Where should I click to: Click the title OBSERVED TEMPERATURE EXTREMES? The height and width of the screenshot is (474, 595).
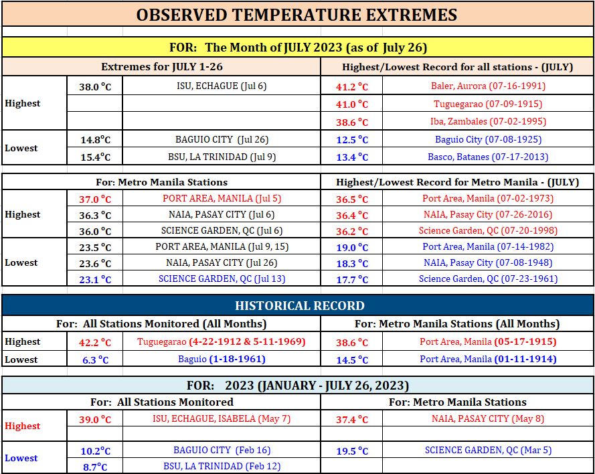click(x=296, y=15)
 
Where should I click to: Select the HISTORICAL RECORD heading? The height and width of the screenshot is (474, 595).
click(x=300, y=306)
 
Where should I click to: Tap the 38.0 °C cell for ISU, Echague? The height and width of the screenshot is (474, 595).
click(x=95, y=87)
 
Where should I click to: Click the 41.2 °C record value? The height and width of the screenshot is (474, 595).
click(x=352, y=87)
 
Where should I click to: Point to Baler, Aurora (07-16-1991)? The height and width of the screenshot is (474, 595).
click(x=488, y=86)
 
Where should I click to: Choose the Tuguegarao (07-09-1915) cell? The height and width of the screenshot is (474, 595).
click(x=488, y=104)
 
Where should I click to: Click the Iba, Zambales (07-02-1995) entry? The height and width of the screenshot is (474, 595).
click(x=488, y=121)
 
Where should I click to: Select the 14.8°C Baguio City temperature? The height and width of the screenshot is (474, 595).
click(x=95, y=140)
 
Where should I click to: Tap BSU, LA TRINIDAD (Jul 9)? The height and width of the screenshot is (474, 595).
click(x=222, y=157)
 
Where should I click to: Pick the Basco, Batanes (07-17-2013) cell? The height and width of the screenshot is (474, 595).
click(x=488, y=157)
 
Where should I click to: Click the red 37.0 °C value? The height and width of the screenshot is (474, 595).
click(x=95, y=200)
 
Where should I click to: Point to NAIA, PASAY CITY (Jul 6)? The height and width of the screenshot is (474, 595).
click(x=222, y=214)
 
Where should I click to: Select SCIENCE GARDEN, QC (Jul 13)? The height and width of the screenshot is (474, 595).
click(x=222, y=279)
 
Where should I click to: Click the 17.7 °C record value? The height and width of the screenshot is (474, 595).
click(x=352, y=280)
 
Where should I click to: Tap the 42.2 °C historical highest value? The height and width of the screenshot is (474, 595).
click(x=95, y=343)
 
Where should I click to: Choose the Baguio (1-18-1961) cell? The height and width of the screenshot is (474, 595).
click(x=222, y=359)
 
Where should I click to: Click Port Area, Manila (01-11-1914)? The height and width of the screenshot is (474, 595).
click(x=488, y=359)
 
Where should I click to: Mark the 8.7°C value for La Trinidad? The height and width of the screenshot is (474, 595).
click(x=95, y=467)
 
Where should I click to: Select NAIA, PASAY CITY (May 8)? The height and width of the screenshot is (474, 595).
click(x=488, y=418)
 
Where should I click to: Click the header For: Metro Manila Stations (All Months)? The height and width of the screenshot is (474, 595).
click(x=457, y=324)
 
